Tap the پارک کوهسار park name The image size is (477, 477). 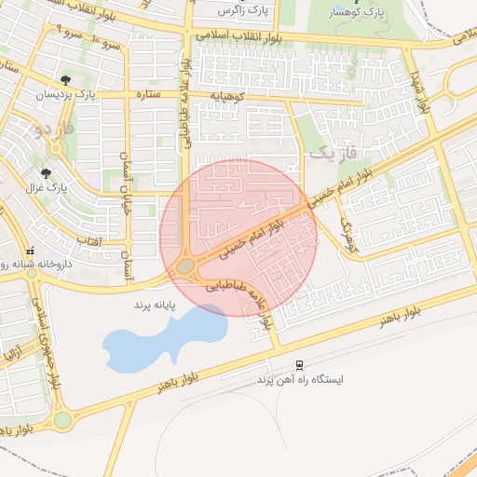point(357,13)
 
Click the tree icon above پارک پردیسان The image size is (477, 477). point(64,81)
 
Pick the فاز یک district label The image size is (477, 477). point(334,155)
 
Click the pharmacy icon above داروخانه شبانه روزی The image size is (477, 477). point(31,250)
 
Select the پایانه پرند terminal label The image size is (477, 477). point(155,305)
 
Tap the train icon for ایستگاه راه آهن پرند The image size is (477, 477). point(298,364)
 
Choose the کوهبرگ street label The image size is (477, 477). point(347,237)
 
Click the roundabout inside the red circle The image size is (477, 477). point(185,266)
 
